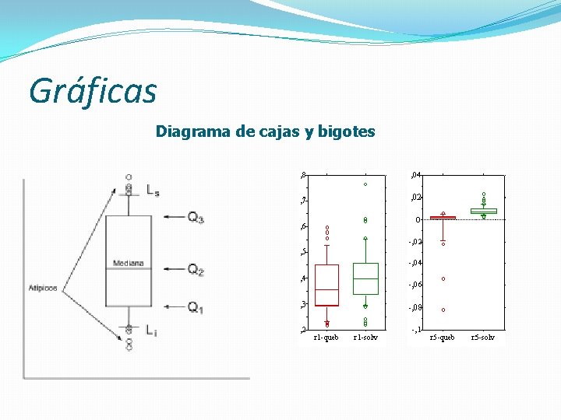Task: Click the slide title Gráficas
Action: pyautogui.click(x=93, y=91)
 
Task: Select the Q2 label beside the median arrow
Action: pyautogui.click(x=196, y=270)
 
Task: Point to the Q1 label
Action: pyautogui.click(x=196, y=308)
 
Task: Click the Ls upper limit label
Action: pyautogui.click(x=153, y=190)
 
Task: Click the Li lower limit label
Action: pyautogui.click(x=151, y=331)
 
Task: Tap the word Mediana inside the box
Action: pyautogui.click(x=128, y=264)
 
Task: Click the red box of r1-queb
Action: pyautogui.click(x=326, y=285)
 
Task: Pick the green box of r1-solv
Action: pyautogui.click(x=365, y=278)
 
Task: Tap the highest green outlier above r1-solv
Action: pyautogui.click(x=365, y=184)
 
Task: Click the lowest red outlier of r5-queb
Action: pyautogui.click(x=443, y=310)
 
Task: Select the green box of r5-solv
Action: pyautogui.click(x=483, y=211)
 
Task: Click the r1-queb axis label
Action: pyautogui.click(x=326, y=338)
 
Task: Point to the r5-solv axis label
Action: pyautogui.click(x=483, y=338)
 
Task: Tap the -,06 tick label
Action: pyautogui.click(x=415, y=285)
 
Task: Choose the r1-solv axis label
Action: pyautogui.click(x=365, y=338)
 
